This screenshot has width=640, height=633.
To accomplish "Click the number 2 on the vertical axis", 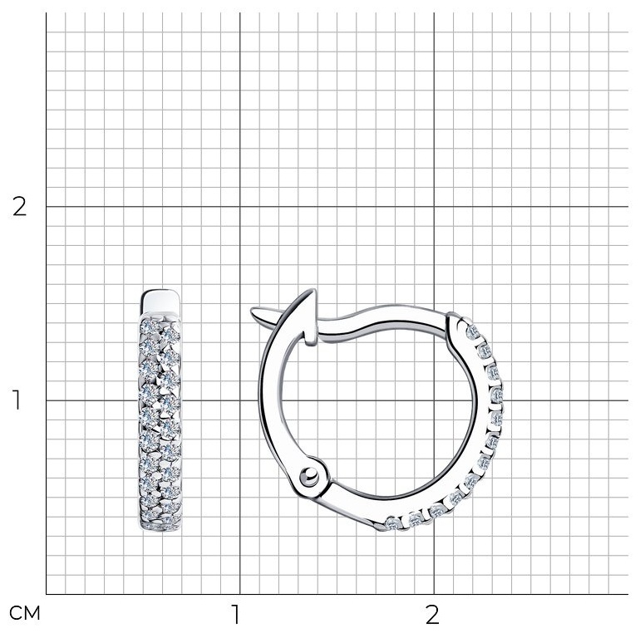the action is click(x=19, y=207).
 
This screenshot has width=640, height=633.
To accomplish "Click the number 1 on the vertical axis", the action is click(x=17, y=400).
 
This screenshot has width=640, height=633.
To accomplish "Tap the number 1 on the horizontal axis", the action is click(x=235, y=614).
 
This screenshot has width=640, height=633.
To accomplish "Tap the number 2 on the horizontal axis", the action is click(x=432, y=614).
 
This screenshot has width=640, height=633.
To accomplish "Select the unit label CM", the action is click(x=24, y=613).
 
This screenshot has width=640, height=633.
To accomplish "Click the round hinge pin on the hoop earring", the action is click(x=309, y=476).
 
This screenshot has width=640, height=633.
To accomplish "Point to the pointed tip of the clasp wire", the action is click(x=252, y=311).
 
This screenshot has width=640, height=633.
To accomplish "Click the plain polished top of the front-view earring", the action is click(x=160, y=301).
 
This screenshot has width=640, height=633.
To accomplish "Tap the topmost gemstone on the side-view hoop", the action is click(x=473, y=332).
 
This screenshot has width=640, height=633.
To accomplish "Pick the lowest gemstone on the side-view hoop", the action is click(x=392, y=523).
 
